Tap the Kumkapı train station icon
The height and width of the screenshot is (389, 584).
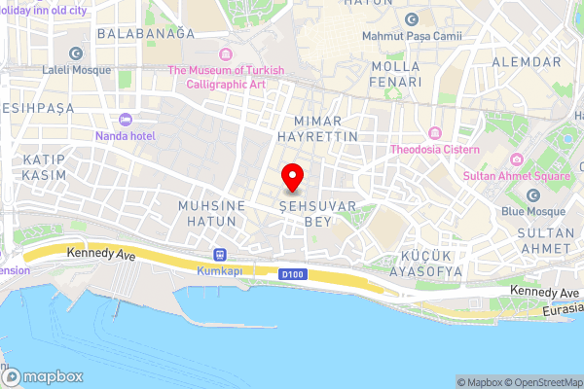218,254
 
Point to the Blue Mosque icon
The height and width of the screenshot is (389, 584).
532,195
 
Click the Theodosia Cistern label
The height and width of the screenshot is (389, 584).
435,149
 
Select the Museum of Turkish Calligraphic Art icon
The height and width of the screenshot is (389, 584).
226,53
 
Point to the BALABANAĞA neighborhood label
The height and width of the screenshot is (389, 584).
146,32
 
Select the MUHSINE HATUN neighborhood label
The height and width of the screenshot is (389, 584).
208,214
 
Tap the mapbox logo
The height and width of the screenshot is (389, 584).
43,376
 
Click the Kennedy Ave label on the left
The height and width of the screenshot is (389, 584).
99,253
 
